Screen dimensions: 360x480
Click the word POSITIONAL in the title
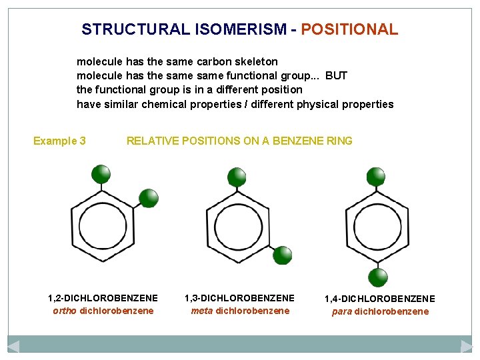(349, 29)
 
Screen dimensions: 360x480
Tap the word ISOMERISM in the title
(231, 29)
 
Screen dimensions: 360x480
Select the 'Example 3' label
(59, 141)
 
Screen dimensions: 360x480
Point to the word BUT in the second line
(336, 75)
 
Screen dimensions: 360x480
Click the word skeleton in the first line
(255, 61)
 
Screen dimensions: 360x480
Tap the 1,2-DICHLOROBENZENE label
(103, 298)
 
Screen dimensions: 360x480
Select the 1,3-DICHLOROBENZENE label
(239, 298)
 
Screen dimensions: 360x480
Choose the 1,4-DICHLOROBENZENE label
(380, 299)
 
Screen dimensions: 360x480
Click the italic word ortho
(65, 311)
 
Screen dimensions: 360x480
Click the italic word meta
(202, 311)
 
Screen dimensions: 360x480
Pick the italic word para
(342, 311)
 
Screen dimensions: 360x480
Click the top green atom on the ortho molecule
(101, 174)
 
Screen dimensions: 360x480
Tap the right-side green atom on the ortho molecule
(148, 198)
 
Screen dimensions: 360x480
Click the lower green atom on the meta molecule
(283, 255)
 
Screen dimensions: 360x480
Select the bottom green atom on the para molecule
(378, 277)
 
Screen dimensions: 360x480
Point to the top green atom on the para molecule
(376, 176)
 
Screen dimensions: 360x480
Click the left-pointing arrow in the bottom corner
(13, 346)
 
